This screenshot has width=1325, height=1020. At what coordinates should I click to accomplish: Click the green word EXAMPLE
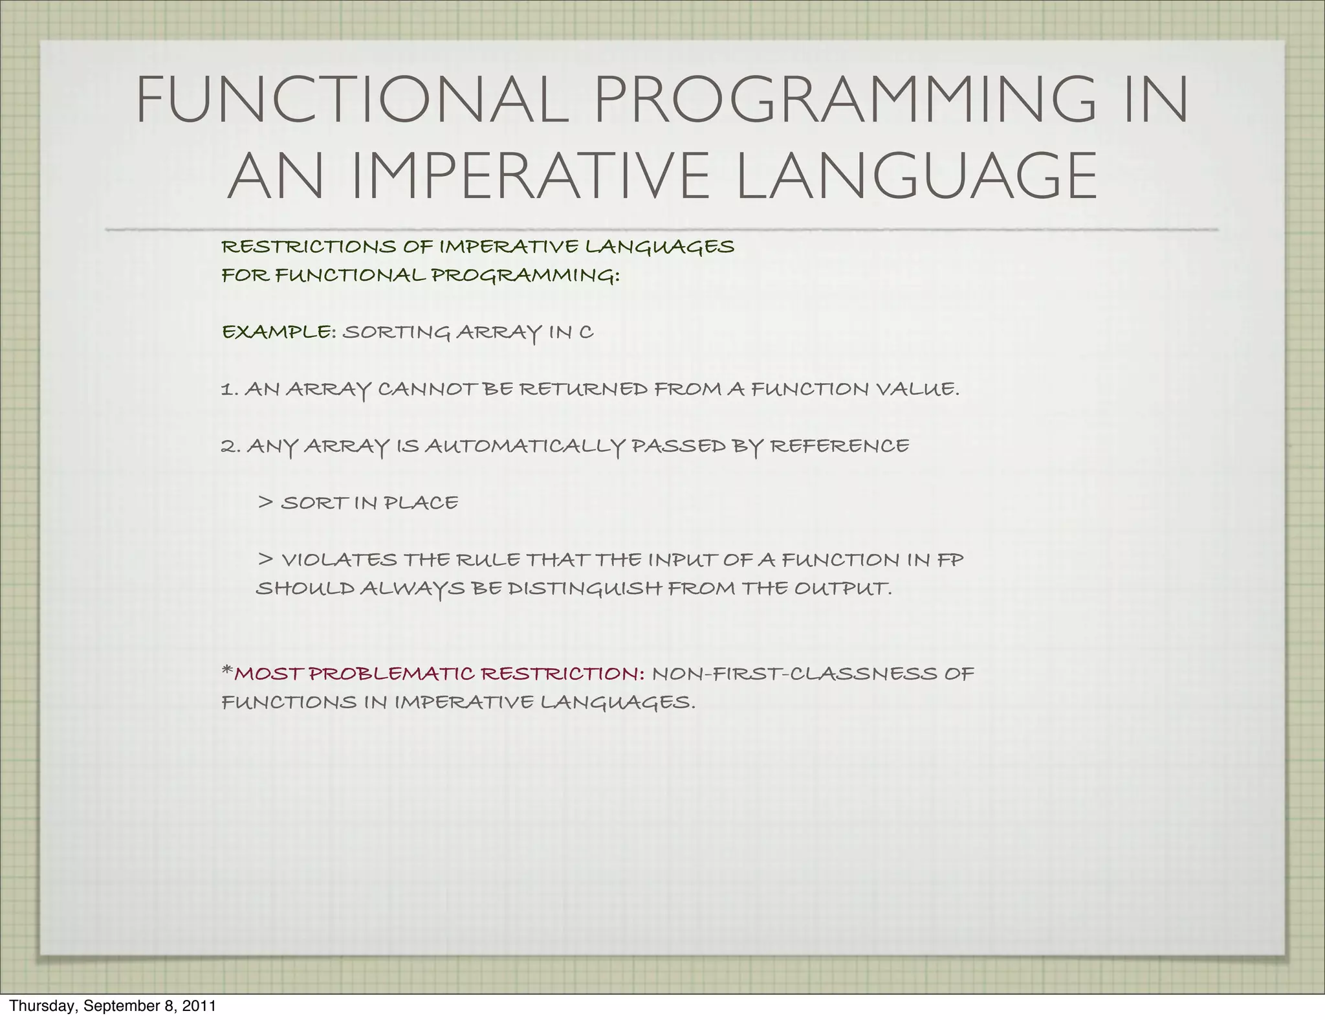tap(276, 332)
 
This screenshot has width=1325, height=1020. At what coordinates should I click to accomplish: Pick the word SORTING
tap(396, 332)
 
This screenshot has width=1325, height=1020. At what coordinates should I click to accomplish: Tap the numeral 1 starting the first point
tap(226, 390)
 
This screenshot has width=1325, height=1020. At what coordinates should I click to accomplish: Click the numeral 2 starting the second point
tap(228, 447)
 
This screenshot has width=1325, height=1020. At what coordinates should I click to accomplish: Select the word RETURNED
tap(584, 389)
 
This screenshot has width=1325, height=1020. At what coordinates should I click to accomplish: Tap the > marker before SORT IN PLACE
tap(265, 502)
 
